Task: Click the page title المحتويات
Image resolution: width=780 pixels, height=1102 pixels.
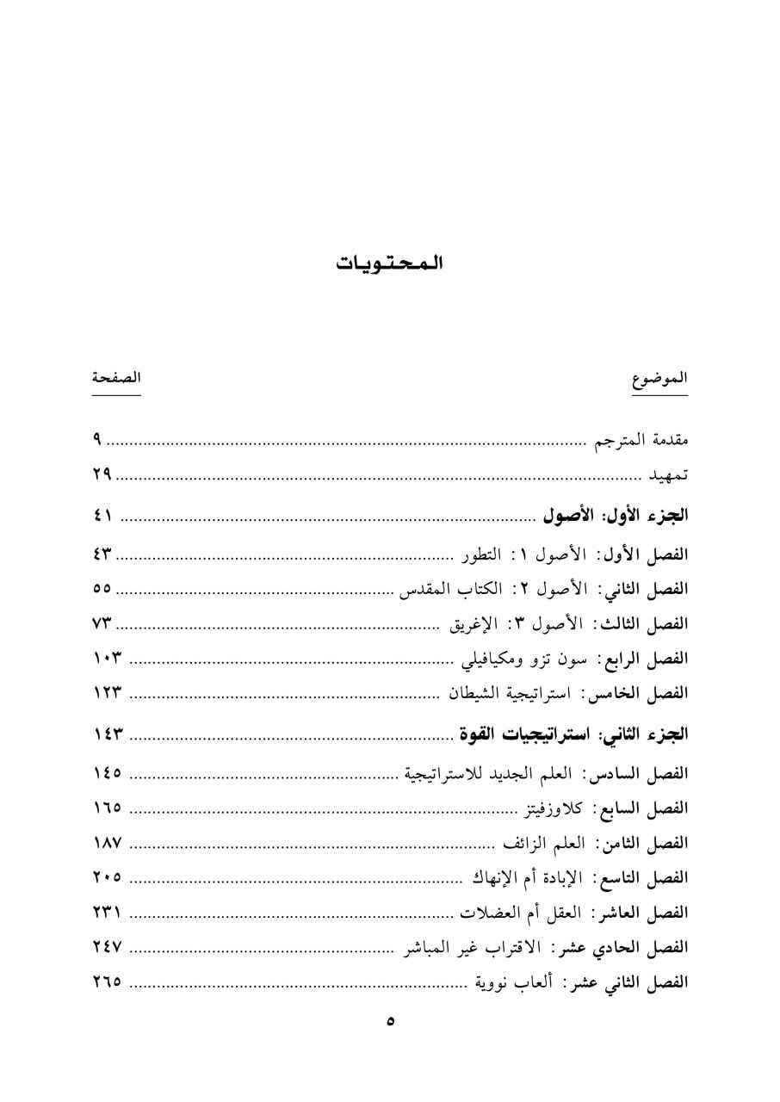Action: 389,263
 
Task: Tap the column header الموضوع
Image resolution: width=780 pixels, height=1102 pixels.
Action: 661,380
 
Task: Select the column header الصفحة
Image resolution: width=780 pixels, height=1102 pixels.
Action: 117,378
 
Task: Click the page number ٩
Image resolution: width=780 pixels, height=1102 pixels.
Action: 98,440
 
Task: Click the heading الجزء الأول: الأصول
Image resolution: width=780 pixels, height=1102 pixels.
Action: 615,517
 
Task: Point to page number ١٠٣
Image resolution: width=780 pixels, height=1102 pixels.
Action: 108,659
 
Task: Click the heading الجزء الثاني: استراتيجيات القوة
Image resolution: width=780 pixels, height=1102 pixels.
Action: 573,734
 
